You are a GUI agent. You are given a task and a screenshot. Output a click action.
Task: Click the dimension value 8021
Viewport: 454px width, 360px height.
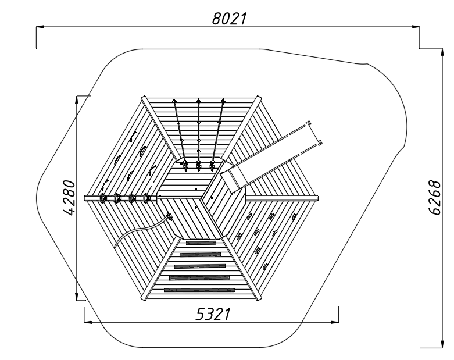click(x=229, y=19)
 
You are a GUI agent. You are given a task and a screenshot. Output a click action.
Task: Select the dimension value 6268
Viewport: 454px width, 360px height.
click(x=435, y=198)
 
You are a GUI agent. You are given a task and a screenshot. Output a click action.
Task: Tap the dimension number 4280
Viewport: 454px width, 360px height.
click(x=70, y=198)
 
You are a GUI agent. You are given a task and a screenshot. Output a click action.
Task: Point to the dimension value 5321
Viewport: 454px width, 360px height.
click(x=213, y=314)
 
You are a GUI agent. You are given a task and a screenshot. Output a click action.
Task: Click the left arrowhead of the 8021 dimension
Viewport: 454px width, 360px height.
click(x=40, y=27)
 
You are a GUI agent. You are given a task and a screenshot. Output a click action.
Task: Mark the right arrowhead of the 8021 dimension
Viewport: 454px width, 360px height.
click(x=416, y=27)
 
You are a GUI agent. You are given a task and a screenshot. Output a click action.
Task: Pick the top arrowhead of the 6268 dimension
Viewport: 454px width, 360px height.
click(x=442, y=52)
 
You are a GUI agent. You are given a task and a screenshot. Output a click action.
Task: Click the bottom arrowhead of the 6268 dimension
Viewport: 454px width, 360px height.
click(x=442, y=344)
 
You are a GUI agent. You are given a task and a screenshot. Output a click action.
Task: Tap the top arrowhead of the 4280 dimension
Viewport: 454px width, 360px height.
click(x=76, y=99)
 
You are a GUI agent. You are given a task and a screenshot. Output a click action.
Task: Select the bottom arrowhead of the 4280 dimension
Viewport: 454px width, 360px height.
click(x=76, y=297)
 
